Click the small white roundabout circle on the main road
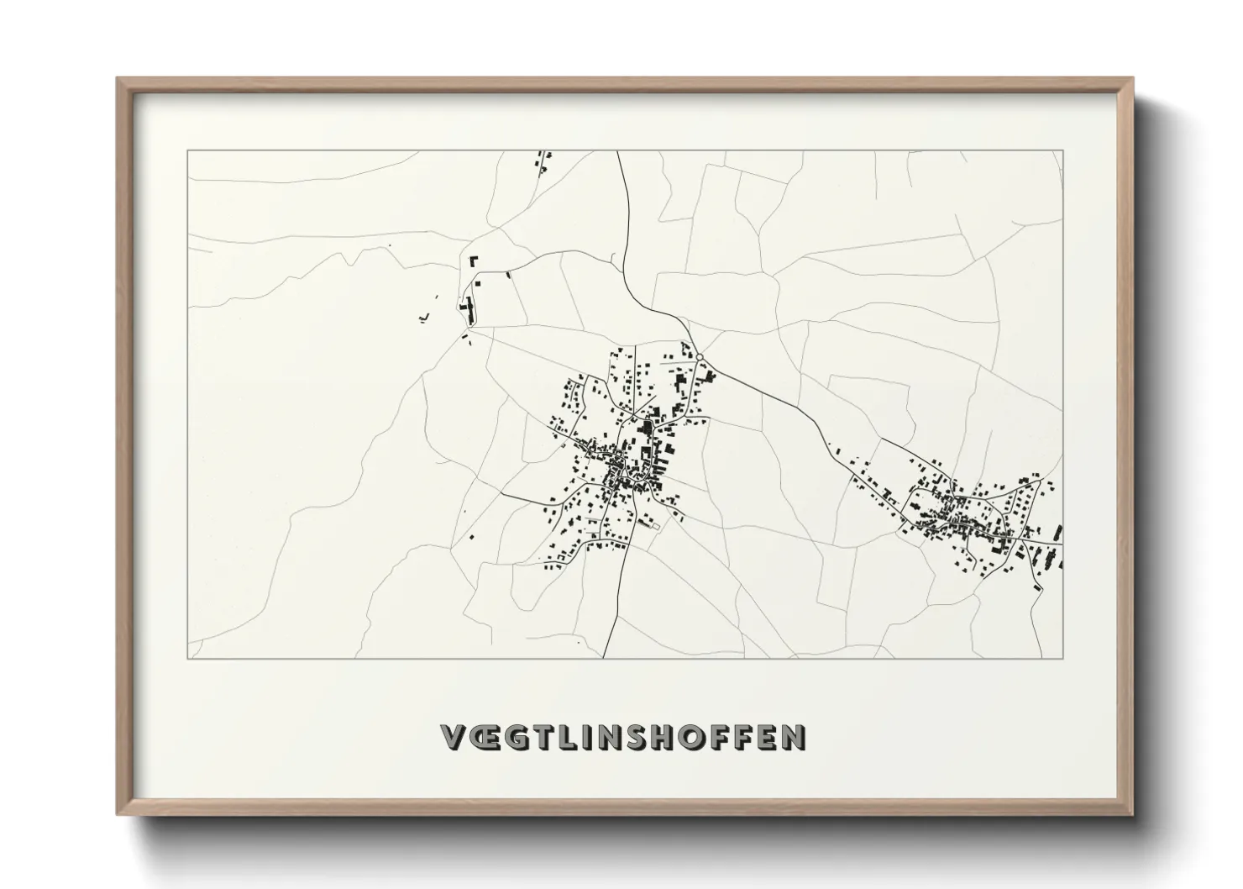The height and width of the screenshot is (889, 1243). [699, 357]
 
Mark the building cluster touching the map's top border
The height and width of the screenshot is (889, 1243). [543, 160]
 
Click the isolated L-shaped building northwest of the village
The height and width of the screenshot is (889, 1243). [473, 261]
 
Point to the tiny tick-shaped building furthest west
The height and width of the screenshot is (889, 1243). [423, 317]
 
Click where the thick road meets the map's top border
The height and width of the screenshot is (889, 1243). [617, 152]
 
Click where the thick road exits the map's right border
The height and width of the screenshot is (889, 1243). [1062, 544]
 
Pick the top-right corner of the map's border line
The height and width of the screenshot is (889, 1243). [1063, 150]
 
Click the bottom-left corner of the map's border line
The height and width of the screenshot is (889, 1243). [187, 658]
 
